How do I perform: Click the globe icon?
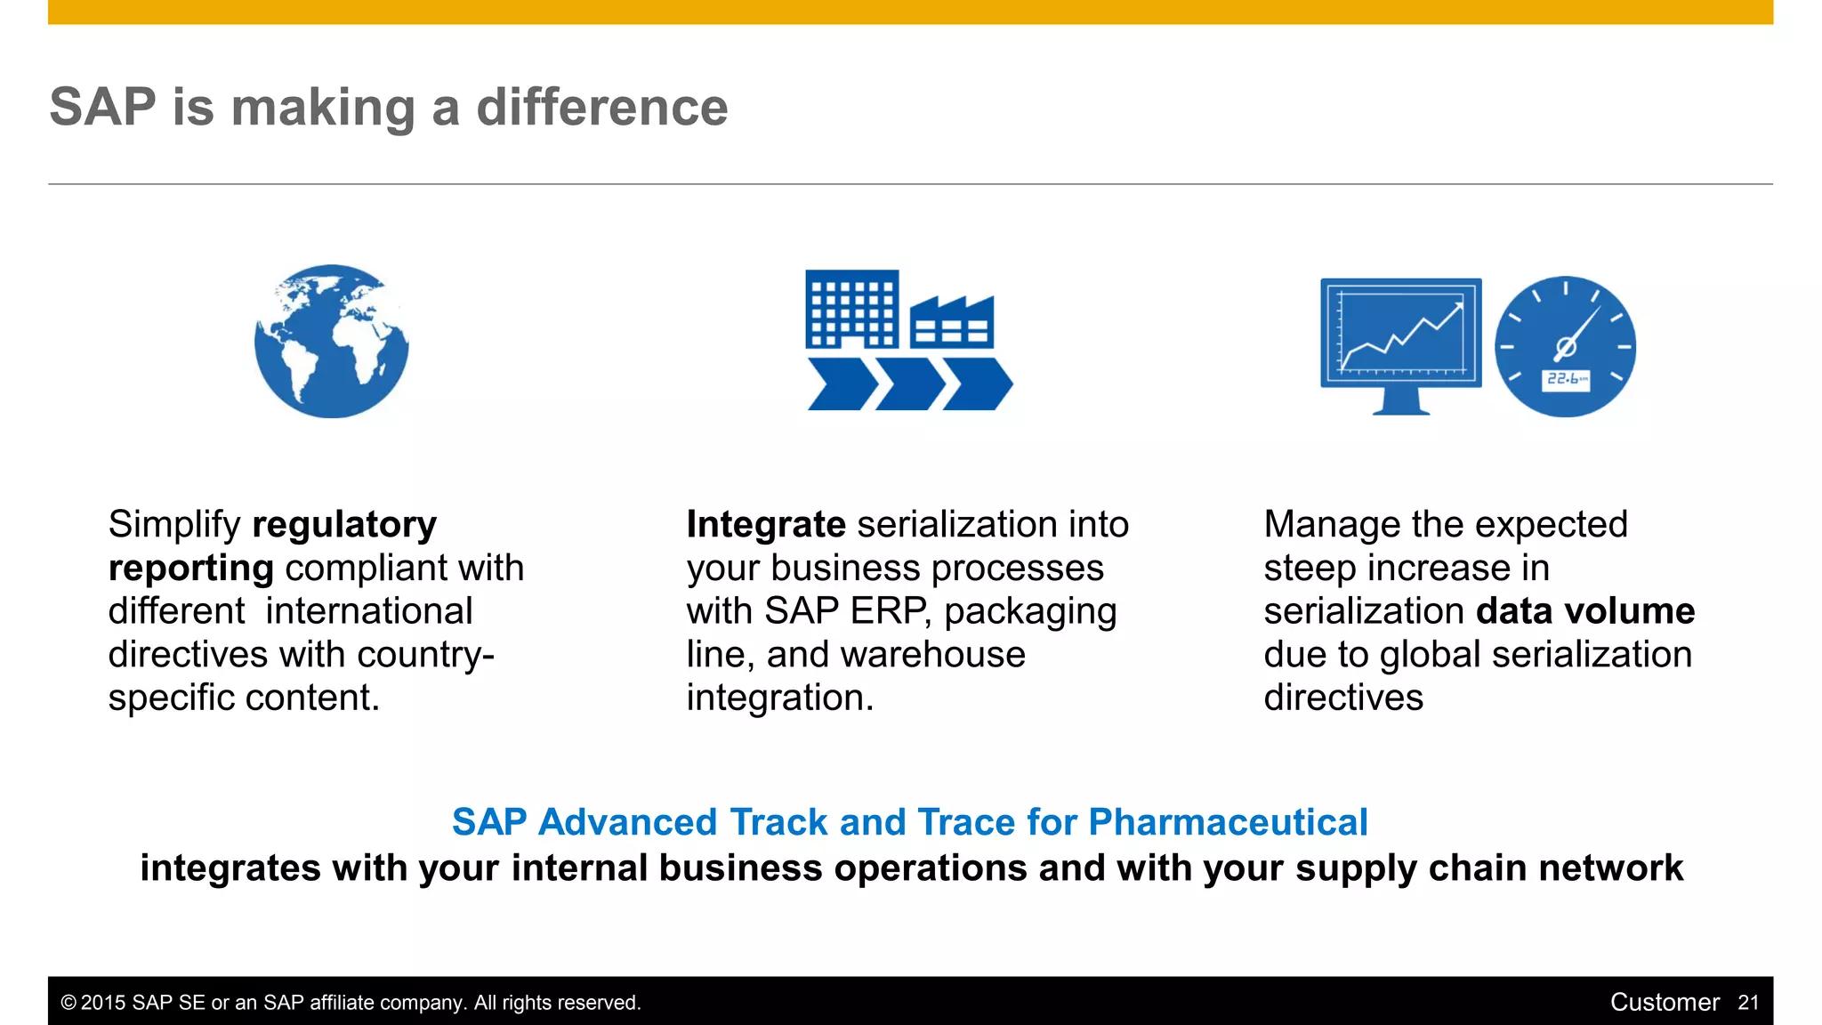point(331,341)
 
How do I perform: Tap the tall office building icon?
point(851,309)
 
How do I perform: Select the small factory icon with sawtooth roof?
point(951,324)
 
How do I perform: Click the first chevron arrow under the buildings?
point(841,384)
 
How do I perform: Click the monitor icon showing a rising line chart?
point(1400,343)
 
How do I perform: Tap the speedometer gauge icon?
point(1565,346)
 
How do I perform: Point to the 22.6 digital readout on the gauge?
point(1565,380)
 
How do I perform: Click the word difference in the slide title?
point(602,108)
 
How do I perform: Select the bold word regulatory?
point(344,525)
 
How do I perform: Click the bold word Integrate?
point(765,525)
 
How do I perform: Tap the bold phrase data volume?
point(1585,611)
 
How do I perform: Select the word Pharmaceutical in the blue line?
point(1228,822)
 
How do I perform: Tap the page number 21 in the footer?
point(1748,1003)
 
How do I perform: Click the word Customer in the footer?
point(1665,1003)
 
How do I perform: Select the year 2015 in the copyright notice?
point(103,1003)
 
